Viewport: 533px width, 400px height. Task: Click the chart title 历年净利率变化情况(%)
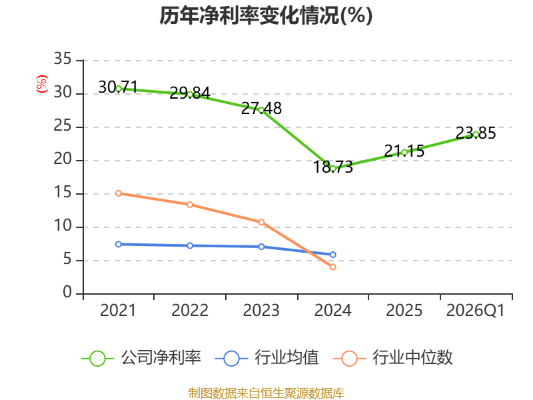coord(266,15)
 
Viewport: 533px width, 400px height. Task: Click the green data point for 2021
coord(119,89)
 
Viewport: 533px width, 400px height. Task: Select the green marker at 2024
coord(333,169)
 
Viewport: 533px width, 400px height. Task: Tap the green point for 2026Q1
coord(476,135)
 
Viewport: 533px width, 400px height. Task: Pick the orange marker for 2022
coord(190,205)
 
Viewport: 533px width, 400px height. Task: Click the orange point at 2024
coord(333,267)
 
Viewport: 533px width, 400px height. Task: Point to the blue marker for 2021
coord(119,244)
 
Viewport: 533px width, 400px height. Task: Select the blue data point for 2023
coord(261,247)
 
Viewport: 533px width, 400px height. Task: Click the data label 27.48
coord(261,109)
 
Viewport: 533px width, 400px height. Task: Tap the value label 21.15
coord(404,151)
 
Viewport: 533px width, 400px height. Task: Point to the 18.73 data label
coord(333,167)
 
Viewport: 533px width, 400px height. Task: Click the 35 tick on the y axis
coord(63,59)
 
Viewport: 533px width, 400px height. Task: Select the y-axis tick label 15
coord(63,193)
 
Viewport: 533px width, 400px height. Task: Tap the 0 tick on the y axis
coord(67,293)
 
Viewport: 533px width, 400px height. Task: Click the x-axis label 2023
coord(261,311)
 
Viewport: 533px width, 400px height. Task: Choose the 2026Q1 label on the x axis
coord(476,311)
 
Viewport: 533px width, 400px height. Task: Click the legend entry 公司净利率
coord(141,358)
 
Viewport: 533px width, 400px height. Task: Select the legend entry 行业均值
coord(267,358)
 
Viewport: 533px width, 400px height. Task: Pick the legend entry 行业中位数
coord(392,358)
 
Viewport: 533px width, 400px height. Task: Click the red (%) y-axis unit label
coord(42,84)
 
